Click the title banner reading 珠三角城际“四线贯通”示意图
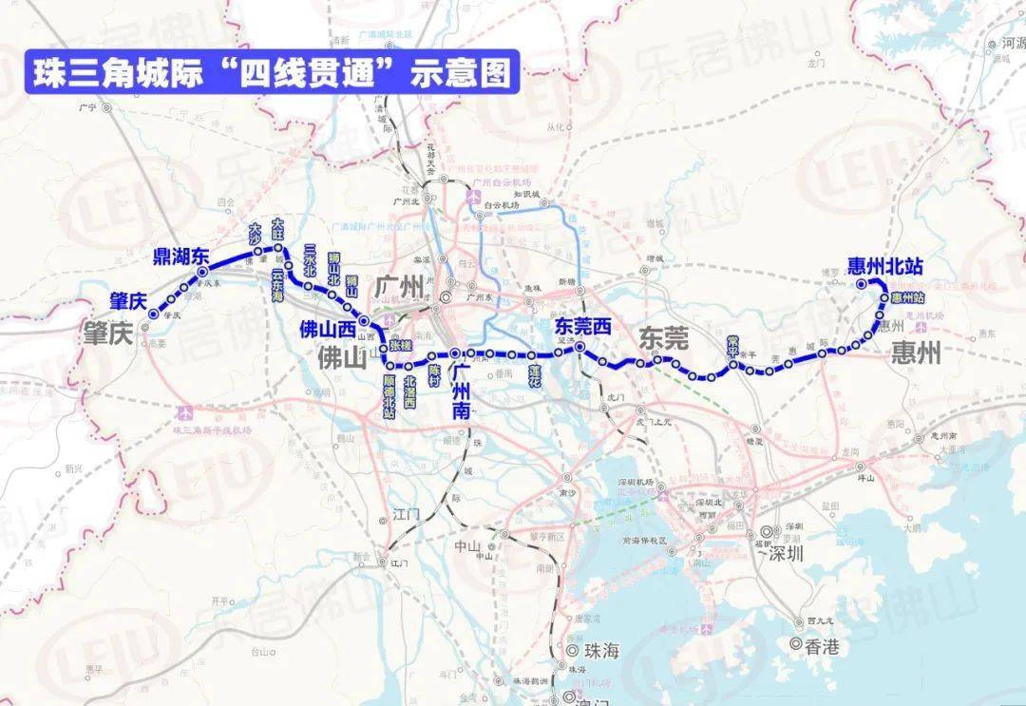tap(272, 73)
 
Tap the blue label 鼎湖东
tap(180, 256)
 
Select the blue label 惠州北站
tap(886, 265)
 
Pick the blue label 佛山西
tap(326, 331)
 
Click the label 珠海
tap(601, 652)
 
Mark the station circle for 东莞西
tap(579, 349)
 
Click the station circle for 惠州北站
tap(861, 283)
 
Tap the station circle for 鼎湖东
tap(202, 273)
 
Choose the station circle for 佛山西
tap(365, 322)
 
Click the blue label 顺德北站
tap(389, 394)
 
